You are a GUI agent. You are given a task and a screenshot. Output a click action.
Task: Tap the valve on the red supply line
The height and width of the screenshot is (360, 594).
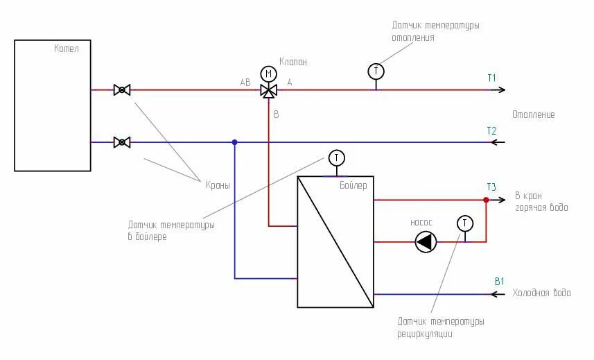[x=122, y=89]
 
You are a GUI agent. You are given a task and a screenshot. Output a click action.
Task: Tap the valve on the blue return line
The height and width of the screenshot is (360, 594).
[x=122, y=142]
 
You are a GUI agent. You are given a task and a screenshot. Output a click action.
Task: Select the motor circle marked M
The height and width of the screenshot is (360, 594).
[x=268, y=74]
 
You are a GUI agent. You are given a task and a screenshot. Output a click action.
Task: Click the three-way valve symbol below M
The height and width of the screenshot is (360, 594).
[x=268, y=90]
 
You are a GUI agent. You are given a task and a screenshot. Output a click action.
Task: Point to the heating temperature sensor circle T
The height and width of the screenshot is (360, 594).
[x=376, y=71]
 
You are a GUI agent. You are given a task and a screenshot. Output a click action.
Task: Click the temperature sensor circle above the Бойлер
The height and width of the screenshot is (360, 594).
[x=336, y=157]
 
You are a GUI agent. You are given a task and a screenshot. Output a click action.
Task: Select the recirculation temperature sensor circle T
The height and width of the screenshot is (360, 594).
[x=465, y=223]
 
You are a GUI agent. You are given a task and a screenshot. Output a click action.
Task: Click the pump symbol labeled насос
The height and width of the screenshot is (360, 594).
[x=426, y=241]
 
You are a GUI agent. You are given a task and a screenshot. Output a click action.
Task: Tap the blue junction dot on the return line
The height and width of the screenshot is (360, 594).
[x=234, y=142]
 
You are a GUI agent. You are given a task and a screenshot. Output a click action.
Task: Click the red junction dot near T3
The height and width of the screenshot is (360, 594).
[x=486, y=200]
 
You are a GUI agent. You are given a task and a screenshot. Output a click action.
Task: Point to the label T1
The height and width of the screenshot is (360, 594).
[x=491, y=78]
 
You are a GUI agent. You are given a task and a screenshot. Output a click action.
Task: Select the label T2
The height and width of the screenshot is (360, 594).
[x=491, y=130]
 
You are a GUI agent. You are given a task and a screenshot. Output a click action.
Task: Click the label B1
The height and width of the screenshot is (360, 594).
[x=499, y=281]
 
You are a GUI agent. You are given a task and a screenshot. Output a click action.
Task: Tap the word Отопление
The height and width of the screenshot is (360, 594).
[x=533, y=114]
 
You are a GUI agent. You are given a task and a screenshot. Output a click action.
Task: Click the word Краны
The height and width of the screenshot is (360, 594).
[x=217, y=185]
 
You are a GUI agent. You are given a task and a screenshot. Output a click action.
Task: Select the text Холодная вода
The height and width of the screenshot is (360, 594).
[x=541, y=293]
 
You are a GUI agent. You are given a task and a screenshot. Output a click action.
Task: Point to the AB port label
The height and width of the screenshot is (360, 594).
[x=245, y=82]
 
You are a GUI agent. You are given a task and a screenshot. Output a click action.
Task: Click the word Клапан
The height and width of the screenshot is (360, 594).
[x=292, y=62]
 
